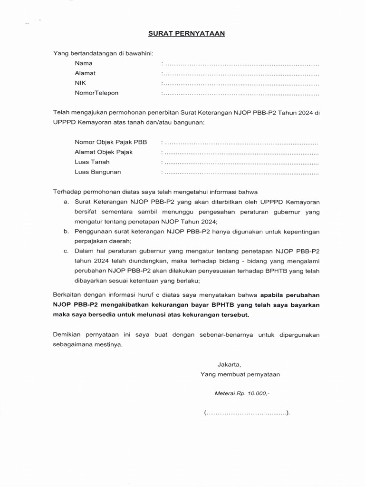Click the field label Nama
click(83, 63)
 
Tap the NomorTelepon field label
click(96, 93)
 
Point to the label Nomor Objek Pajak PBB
click(111, 142)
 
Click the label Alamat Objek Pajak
click(104, 152)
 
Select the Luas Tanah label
click(92, 162)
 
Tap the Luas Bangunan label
click(97, 172)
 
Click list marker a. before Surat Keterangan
click(66, 202)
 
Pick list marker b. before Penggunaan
click(66, 232)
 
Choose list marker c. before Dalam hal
click(66, 251)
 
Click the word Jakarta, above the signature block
click(230, 365)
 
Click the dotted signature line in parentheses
click(247, 413)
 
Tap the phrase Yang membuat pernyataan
click(240, 374)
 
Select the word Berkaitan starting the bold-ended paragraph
click(67, 295)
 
